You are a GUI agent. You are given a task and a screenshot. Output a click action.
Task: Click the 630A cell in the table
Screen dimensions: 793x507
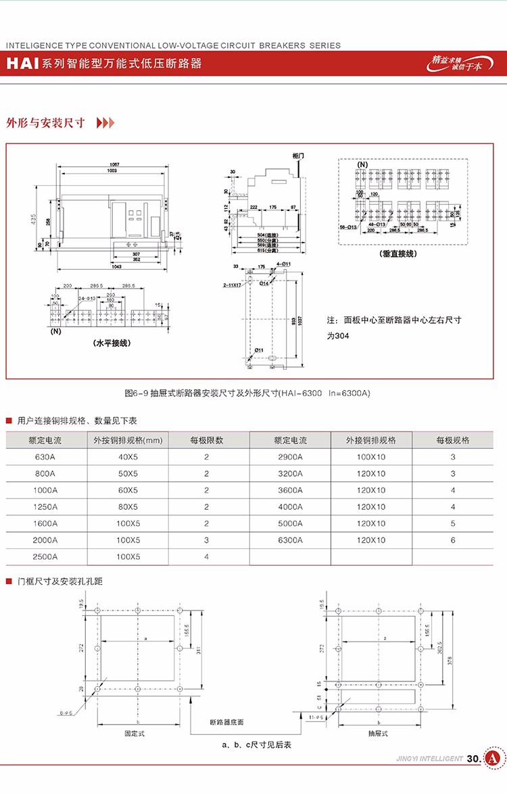tap(47, 457)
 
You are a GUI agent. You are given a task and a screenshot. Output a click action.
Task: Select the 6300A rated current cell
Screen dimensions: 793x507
tap(290, 540)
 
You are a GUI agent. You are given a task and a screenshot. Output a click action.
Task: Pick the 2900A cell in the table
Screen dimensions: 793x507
tap(290, 457)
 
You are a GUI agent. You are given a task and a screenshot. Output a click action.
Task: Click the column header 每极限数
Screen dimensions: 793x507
tap(206, 440)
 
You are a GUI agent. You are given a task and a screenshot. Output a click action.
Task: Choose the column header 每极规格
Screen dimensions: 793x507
tap(452, 440)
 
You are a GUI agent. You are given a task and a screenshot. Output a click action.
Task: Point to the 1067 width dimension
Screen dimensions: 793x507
tap(114, 164)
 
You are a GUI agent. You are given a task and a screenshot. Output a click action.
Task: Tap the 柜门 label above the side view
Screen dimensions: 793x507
tap(299, 156)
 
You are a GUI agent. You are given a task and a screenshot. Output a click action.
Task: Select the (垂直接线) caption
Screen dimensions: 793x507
tap(398, 254)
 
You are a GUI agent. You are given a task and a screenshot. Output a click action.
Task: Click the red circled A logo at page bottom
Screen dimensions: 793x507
tap(493, 759)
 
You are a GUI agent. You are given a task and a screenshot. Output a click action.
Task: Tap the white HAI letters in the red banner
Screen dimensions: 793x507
tap(22, 64)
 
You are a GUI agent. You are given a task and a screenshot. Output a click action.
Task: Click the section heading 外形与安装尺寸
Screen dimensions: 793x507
tap(45, 123)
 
